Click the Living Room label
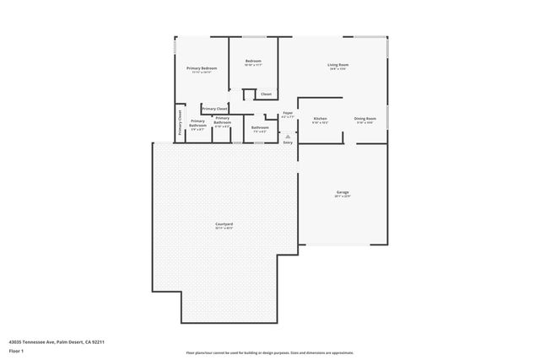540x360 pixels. coord(337,65)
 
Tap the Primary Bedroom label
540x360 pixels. coord(202,67)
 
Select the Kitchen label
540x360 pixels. coord(320,119)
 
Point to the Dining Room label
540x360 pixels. coord(365,119)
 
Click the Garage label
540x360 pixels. coord(343,192)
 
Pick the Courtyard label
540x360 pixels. coord(224,223)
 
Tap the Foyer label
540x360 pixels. coord(288,112)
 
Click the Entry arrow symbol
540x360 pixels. coord(288,135)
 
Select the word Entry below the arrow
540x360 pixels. coord(288,142)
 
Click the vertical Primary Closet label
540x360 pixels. coord(180,123)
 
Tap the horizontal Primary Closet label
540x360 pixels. coord(214,109)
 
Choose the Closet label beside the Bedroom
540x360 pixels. coord(266,94)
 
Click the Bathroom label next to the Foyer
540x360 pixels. coord(260,127)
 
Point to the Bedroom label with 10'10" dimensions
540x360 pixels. coord(253,61)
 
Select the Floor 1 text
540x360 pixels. coord(15,350)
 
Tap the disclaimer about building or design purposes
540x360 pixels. coord(269,352)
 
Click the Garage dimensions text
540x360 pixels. coord(343,196)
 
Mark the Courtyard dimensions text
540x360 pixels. coord(224,228)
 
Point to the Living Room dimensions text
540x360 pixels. coord(337,69)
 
